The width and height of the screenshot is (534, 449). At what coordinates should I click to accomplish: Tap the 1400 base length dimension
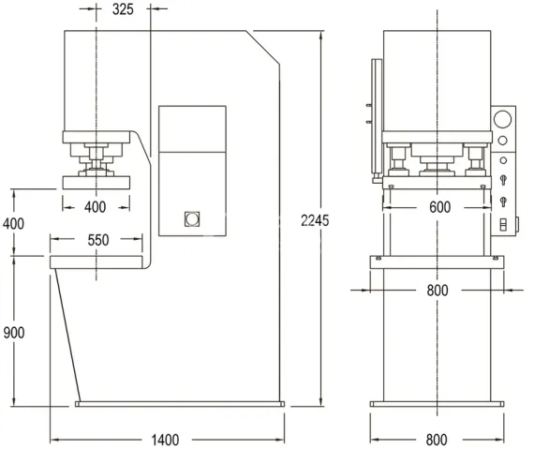(165, 439)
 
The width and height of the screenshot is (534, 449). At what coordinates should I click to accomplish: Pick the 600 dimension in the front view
(437, 207)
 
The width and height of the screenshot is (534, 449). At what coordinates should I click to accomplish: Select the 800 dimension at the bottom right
(437, 439)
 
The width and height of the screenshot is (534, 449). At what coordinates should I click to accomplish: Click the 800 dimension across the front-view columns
(437, 290)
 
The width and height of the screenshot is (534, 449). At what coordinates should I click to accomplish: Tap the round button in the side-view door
(192, 219)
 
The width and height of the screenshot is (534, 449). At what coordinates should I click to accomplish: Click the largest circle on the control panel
(503, 119)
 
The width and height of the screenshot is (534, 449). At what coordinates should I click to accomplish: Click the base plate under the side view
(178, 405)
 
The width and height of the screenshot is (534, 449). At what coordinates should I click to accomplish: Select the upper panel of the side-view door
(192, 128)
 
